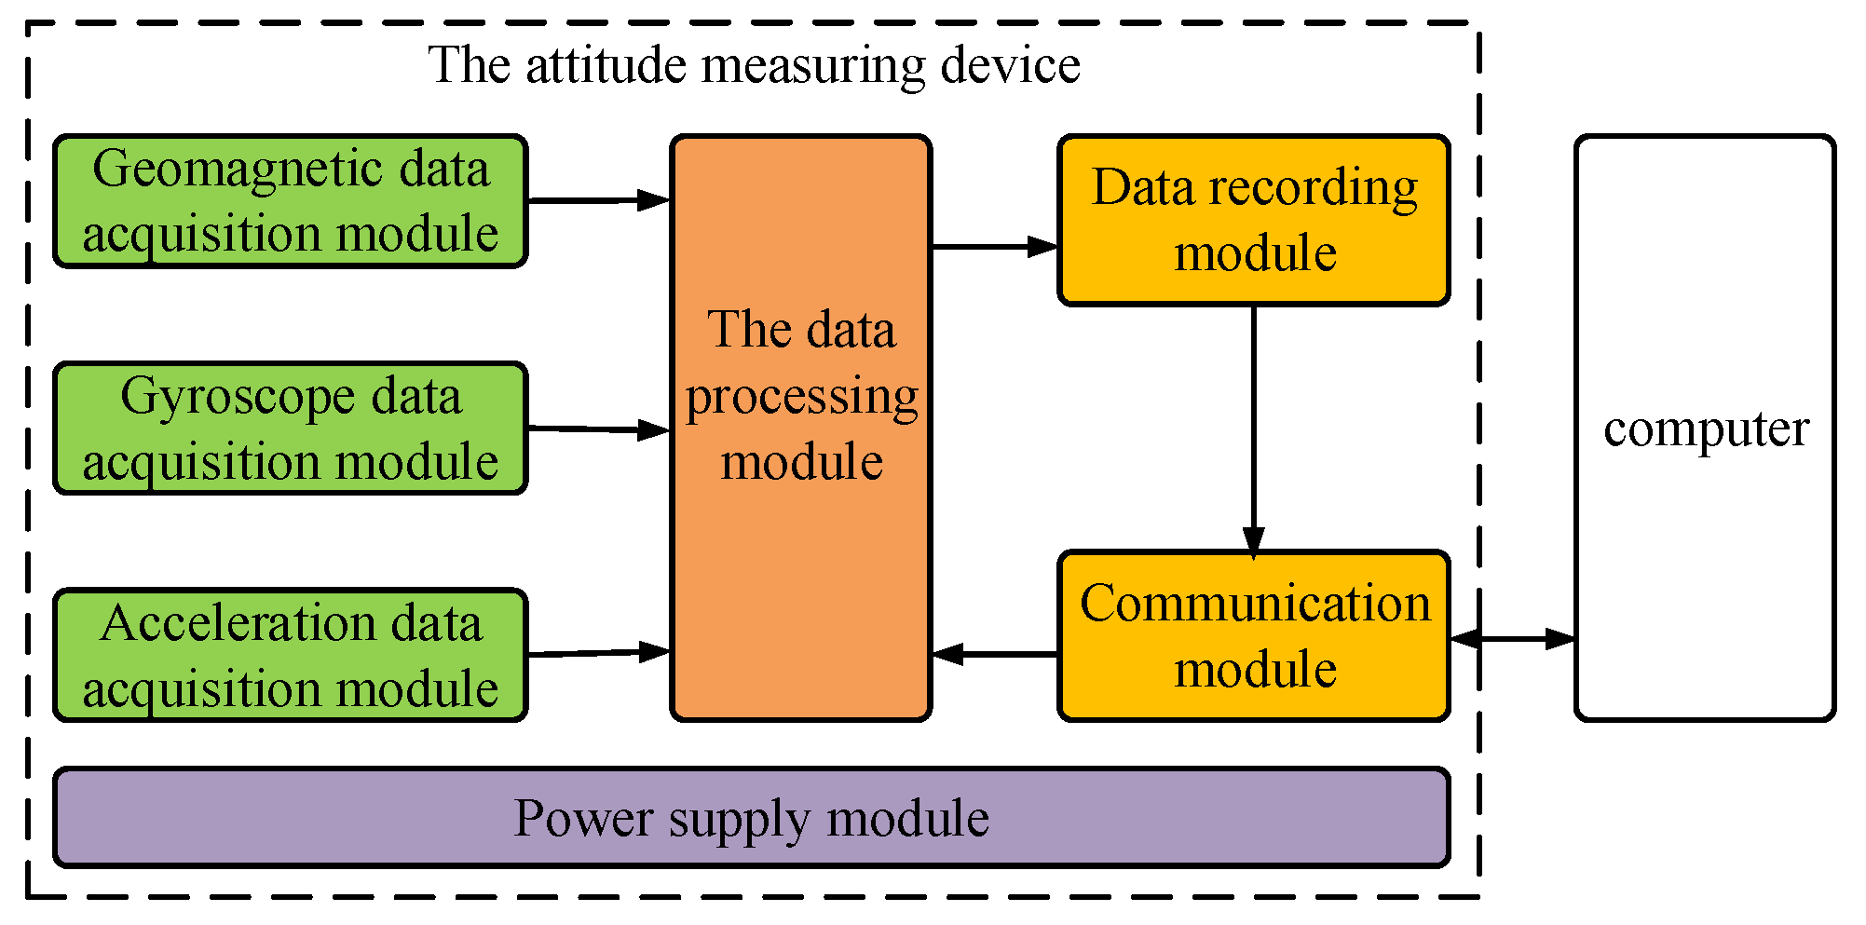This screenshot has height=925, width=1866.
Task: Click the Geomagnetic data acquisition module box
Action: point(291,201)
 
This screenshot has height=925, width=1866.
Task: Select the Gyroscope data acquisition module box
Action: point(291,428)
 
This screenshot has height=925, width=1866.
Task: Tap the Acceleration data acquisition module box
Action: point(291,655)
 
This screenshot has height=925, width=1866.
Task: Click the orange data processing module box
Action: point(801,428)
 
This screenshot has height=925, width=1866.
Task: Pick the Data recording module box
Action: point(1254,221)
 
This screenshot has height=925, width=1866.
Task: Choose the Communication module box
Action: point(1254,636)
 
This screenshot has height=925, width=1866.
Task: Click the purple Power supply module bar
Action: point(752,818)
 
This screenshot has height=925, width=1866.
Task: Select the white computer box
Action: point(1705,428)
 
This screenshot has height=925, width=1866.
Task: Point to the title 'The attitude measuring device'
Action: point(754,65)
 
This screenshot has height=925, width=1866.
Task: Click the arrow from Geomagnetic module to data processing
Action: point(599,199)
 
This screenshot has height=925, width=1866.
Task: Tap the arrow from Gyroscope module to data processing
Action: point(599,429)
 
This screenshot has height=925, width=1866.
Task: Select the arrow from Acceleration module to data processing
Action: point(599,652)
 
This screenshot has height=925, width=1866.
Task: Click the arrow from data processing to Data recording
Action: point(995,247)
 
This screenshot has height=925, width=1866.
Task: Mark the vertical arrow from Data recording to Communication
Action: point(1254,431)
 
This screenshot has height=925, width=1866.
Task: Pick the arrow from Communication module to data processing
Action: point(995,654)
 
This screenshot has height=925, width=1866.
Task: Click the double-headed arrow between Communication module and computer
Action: point(1513,639)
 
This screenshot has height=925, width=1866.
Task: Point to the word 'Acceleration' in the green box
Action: point(238,623)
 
